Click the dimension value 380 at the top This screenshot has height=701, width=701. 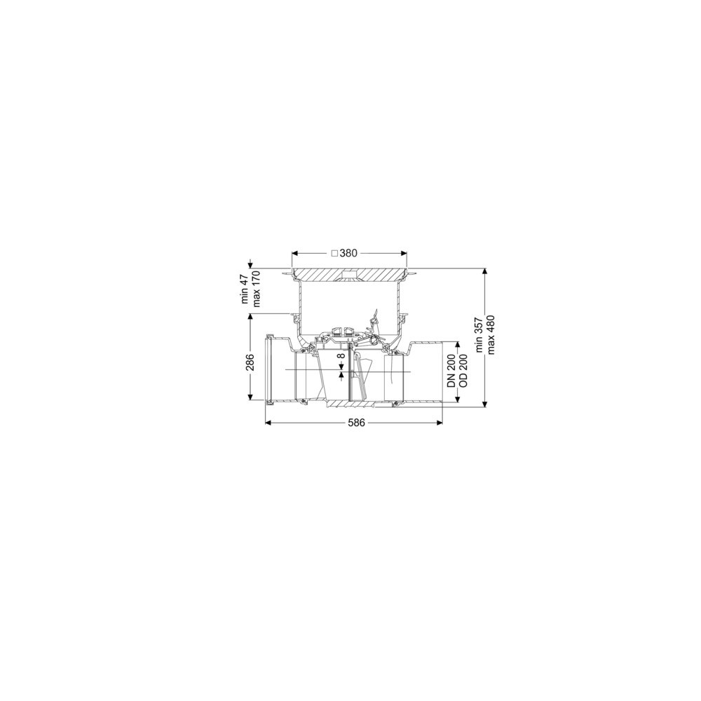coord(348,253)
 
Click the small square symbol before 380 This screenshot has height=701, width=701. coord(334,253)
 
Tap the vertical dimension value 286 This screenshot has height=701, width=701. coord(250,362)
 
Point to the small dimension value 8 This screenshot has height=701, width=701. coord(341,356)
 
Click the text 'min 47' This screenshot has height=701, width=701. coord(245,290)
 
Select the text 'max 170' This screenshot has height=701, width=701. coord(256,290)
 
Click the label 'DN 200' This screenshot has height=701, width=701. coord(451,371)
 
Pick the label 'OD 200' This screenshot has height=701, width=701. coord(463,371)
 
